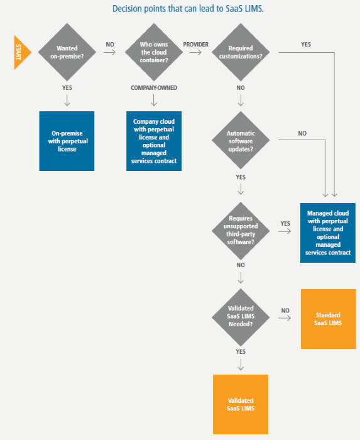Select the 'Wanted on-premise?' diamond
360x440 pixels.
click(67, 52)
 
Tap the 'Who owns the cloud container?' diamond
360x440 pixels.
click(153, 52)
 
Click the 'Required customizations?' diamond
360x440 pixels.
click(240, 52)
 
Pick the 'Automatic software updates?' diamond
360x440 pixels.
click(240, 139)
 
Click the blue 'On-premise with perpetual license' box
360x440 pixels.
click(67, 141)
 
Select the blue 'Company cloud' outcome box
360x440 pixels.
click(154, 141)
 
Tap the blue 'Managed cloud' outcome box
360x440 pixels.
click(328, 233)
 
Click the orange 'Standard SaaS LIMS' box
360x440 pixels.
click(328, 319)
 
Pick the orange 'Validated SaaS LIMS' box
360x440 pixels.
click(241, 404)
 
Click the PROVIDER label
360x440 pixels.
click(196, 45)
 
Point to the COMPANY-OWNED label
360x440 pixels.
click(154, 87)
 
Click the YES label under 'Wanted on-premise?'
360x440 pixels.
click(67, 87)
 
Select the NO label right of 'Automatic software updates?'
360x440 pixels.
click(302, 133)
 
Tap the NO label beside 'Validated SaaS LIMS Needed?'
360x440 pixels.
click(285, 311)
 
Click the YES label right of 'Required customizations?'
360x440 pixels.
click(306, 45)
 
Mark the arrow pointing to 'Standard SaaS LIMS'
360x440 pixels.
click(285, 319)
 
